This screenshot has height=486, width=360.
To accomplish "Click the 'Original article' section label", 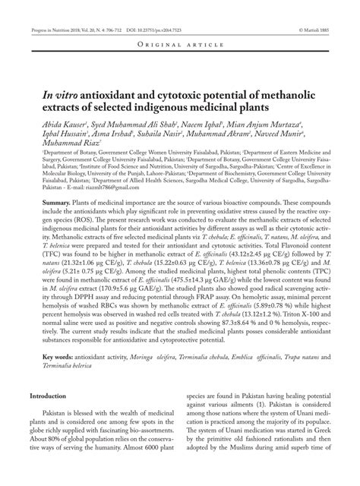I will pos(180,45).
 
